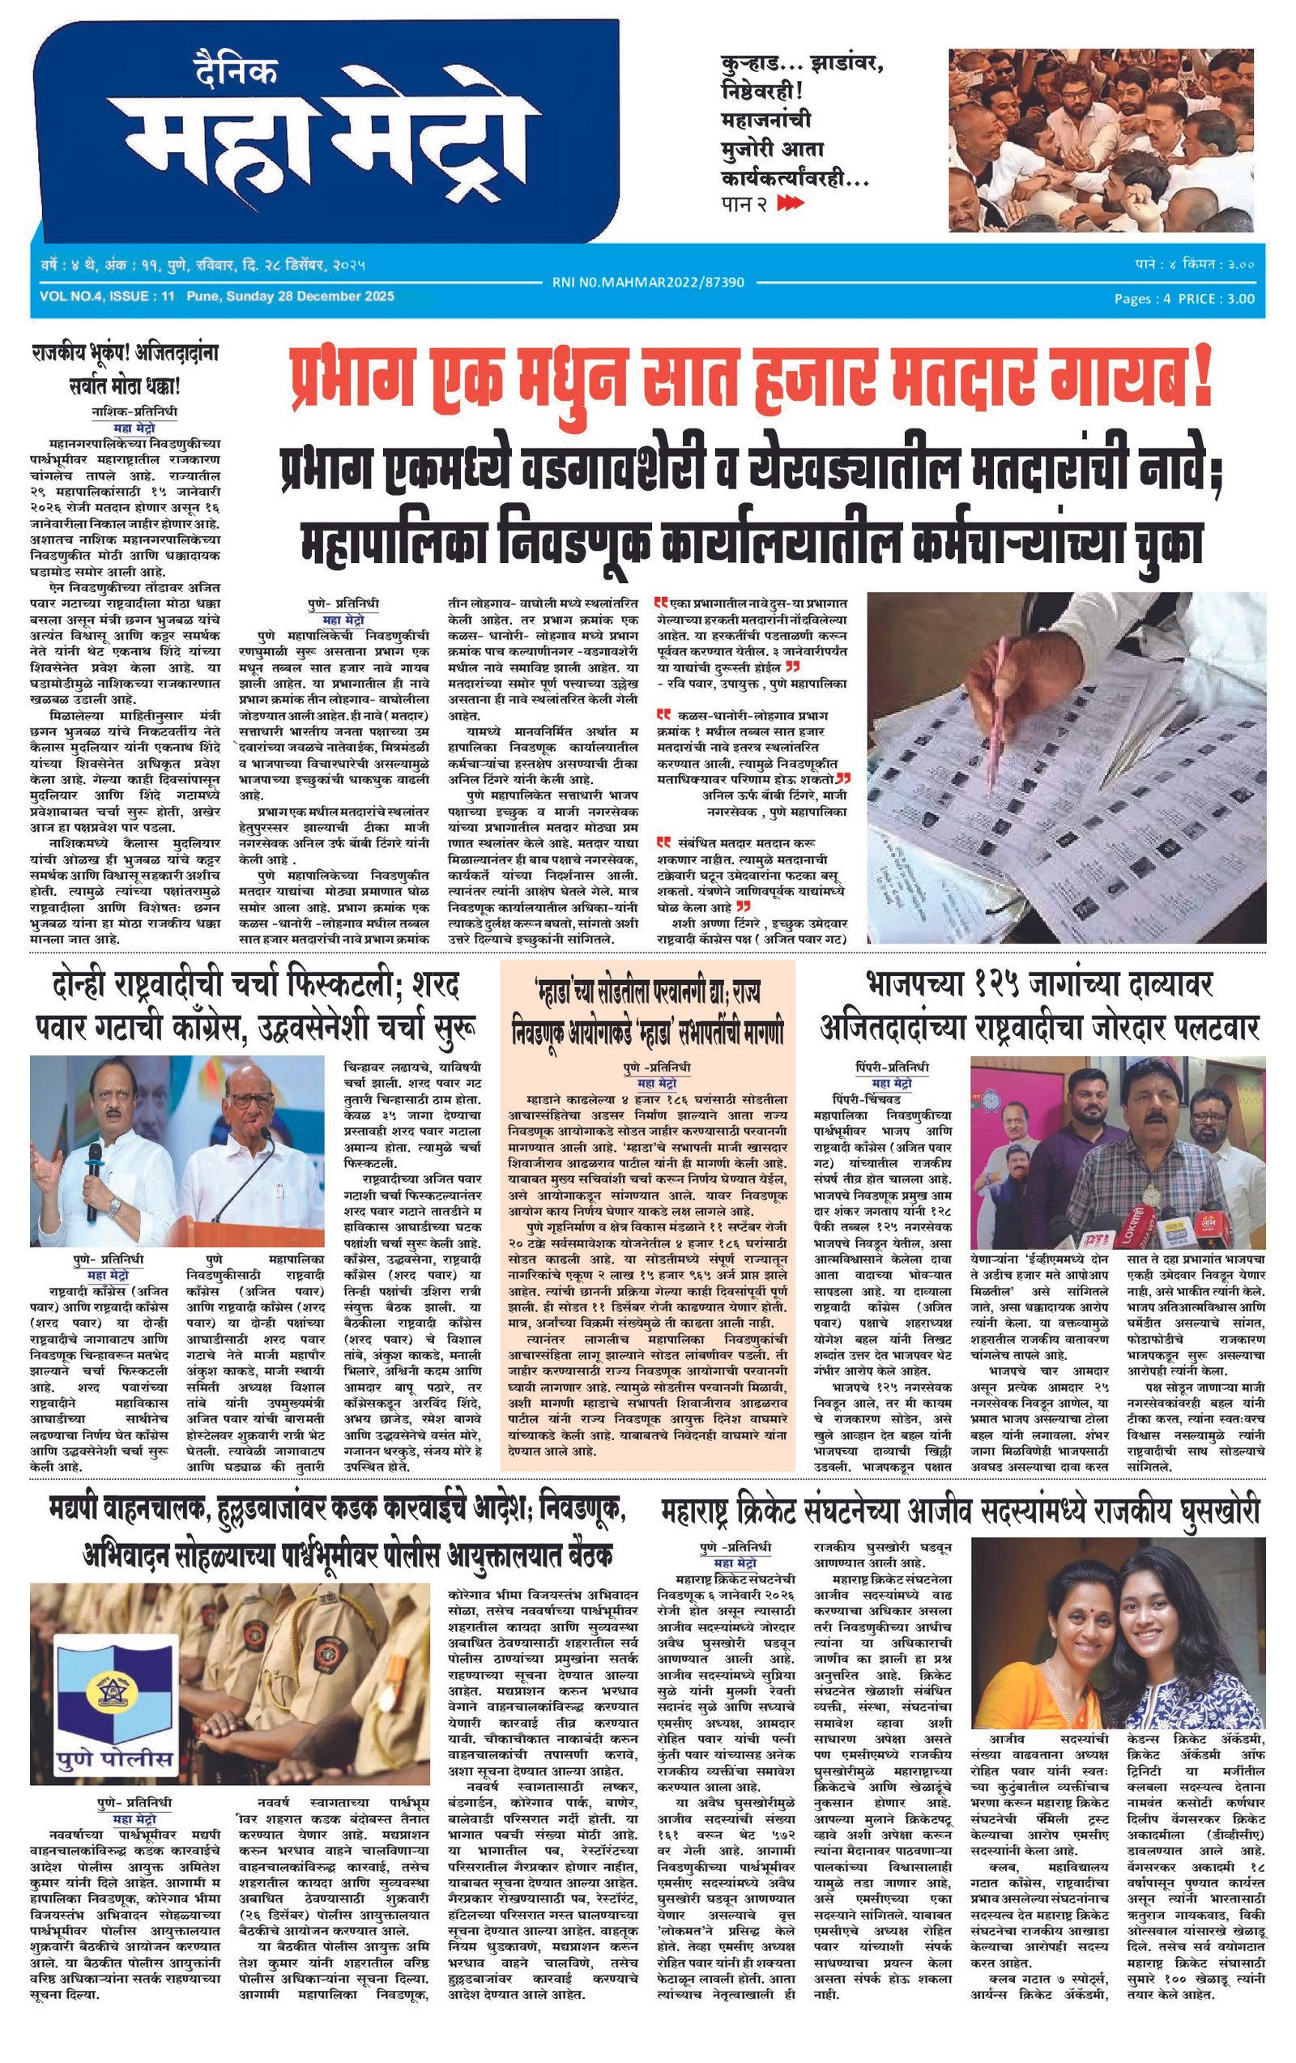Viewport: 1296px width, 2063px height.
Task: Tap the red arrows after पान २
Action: (x=791, y=204)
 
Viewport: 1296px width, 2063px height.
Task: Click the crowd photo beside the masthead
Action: (x=1106, y=140)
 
